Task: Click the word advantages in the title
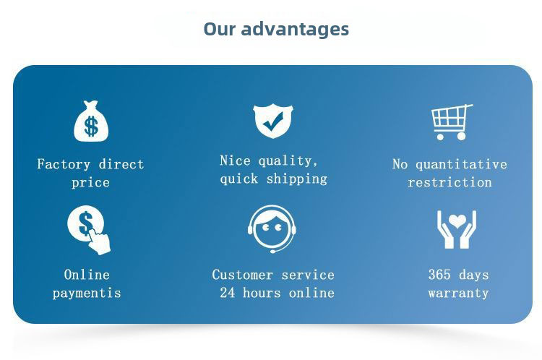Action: click(295, 30)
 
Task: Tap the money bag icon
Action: click(91, 121)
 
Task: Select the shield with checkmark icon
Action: click(273, 121)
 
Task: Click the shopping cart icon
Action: click(452, 122)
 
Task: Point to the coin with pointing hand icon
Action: click(88, 230)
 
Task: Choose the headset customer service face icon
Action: click(272, 229)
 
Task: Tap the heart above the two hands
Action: click(457, 220)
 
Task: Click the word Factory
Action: click(64, 164)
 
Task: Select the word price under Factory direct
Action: click(90, 183)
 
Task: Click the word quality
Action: click(288, 160)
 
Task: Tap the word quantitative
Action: click(461, 164)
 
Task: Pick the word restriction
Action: click(449, 182)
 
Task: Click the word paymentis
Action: click(87, 293)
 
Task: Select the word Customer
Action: click(242, 275)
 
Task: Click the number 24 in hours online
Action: click(228, 293)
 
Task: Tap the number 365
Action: click(439, 275)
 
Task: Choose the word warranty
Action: click(458, 293)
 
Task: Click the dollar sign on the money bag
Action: click(91, 126)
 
